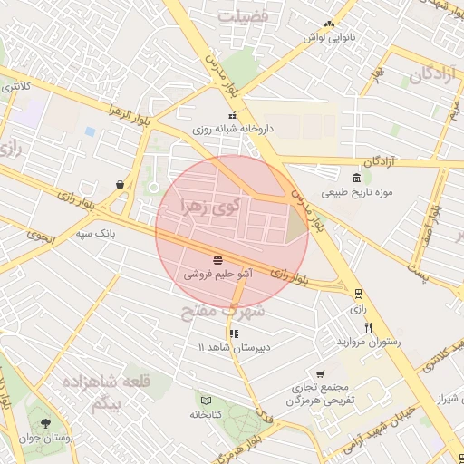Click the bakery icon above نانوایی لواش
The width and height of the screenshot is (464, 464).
pyautogui.click(x=329, y=24)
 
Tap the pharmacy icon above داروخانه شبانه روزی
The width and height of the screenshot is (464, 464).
pyautogui.click(x=233, y=116)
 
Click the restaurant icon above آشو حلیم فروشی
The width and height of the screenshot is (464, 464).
pyautogui.click(x=217, y=259)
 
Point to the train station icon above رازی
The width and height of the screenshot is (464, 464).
pyautogui.click(x=358, y=293)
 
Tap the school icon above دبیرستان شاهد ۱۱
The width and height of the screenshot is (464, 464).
pyautogui.click(x=235, y=333)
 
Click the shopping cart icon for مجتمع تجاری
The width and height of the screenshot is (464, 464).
pyautogui.click(x=320, y=373)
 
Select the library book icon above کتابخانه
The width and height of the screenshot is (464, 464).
pyautogui.click(x=206, y=400)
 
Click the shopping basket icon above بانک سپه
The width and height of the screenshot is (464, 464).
pyautogui.click(x=121, y=183)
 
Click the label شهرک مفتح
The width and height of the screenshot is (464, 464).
pyautogui.click(x=221, y=313)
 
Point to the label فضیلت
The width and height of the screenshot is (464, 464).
pyautogui.click(x=248, y=16)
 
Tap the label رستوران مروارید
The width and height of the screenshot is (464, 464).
pyautogui.click(x=368, y=341)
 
